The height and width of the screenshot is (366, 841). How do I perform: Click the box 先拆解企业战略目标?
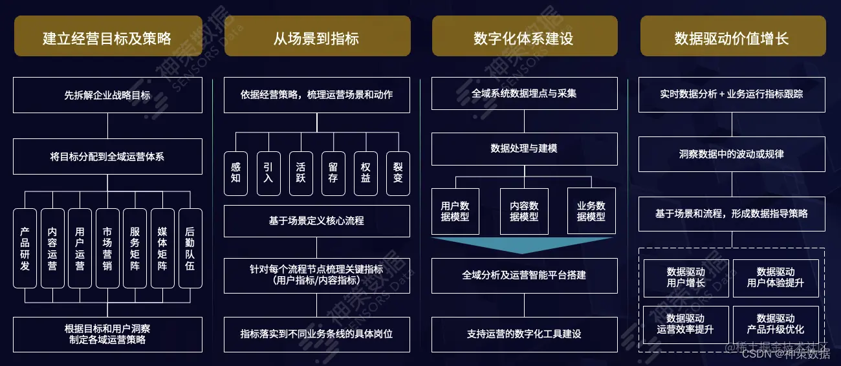pos(107,94)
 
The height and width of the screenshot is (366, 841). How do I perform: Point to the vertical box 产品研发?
pos(25,248)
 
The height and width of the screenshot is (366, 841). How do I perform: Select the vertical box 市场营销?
pos(107,248)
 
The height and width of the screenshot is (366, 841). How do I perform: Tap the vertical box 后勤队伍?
pos(190,248)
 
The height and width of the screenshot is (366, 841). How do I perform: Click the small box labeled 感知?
pos(235,173)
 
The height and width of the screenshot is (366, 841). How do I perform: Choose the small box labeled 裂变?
pos(398,173)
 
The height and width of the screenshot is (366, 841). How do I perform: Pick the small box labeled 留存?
pos(333,173)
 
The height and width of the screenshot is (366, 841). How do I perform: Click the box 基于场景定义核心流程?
pos(316,221)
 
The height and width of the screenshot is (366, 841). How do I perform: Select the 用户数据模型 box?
pos(455,211)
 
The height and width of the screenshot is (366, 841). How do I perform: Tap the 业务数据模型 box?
pos(591,211)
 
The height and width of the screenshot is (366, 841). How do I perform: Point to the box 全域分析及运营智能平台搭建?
pos(524,275)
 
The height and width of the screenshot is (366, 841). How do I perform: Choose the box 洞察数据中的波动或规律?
pos(732,155)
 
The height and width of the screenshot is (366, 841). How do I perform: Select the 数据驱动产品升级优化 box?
pos(776,324)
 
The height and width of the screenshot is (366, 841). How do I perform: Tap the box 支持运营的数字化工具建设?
pos(524,334)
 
